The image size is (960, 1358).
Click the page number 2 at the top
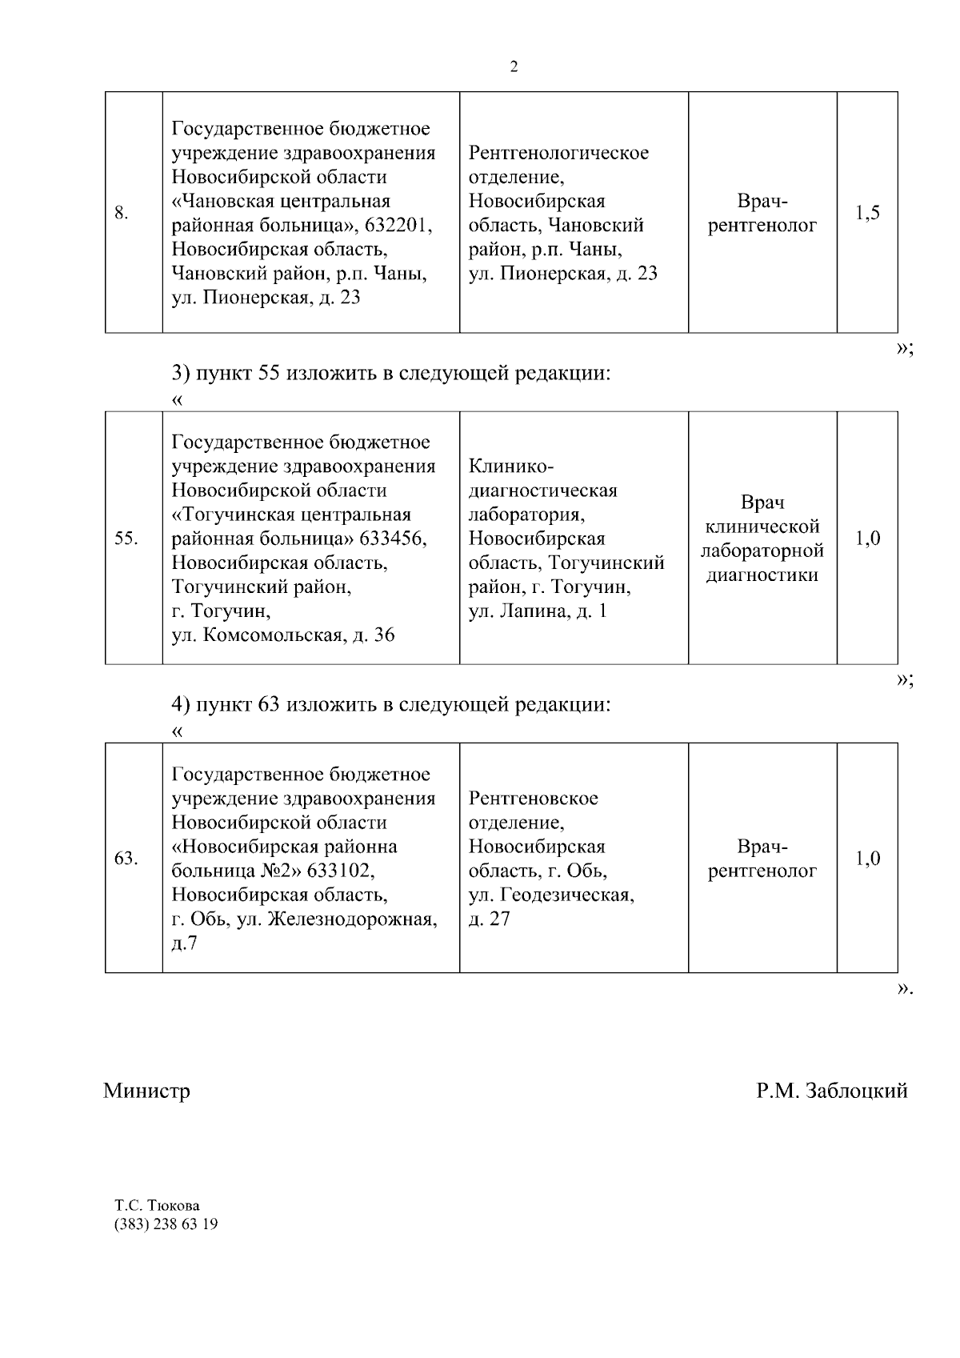click(514, 67)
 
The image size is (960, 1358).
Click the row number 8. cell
click(122, 213)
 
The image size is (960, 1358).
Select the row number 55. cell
click(126, 539)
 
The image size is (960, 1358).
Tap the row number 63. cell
click(126, 859)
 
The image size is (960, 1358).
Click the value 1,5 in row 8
click(867, 213)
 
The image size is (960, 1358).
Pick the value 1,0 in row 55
click(867, 539)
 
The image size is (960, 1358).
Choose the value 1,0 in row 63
click(867, 859)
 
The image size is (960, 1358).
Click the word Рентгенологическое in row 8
click(558, 153)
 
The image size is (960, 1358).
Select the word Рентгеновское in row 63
click(533, 799)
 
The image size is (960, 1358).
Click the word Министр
click(146, 1091)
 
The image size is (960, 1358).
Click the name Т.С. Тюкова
click(158, 1205)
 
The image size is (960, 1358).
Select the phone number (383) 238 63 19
click(166, 1224)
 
